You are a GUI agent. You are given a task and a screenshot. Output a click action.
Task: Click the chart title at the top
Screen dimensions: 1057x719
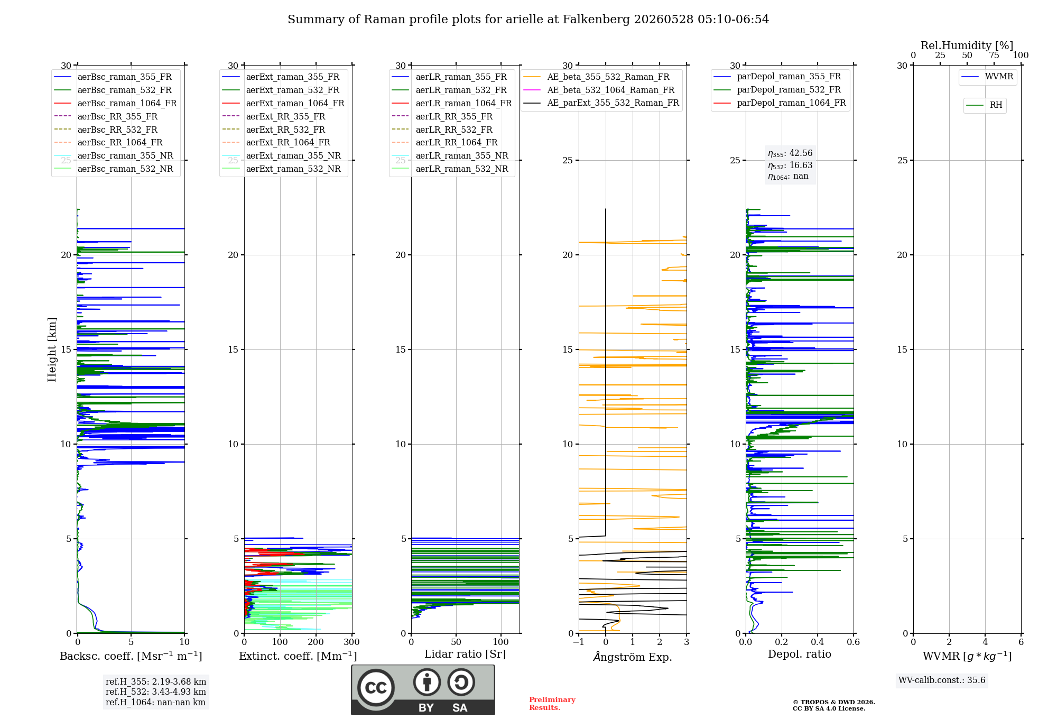pyautogui.click(x=528, y=20)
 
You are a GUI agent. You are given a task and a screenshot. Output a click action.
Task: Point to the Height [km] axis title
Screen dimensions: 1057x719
pyautogui.click(x=52, y=349)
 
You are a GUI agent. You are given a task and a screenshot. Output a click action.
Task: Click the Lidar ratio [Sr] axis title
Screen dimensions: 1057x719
pyautogui.click(x=465, y=654)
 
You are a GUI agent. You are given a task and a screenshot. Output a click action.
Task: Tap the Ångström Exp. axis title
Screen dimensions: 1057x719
pyautogui.click(x=633, y=657)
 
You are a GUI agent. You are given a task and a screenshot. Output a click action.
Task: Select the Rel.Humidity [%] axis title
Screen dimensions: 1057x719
pyautogui.click(x=967, y=45)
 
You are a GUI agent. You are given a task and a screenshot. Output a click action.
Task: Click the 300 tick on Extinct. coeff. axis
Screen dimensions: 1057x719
pyautogui.click(x=351, y=642)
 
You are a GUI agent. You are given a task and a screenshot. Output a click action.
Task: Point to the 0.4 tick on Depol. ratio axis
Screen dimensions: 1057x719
pyautogui.click(x=818, y=642)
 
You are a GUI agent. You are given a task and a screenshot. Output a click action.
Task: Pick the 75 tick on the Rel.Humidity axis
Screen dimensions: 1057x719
pyautogui.click(x=994, y=55)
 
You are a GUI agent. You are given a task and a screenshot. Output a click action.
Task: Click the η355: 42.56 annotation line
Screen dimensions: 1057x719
pyautogui.click(x=790, y=153)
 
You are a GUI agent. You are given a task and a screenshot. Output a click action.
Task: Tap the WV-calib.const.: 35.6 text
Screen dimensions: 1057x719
pyautogui.click(x=942, y=680)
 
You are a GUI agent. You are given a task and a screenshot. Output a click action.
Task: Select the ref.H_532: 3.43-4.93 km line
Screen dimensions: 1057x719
pyautogui.click(x=156, y=692)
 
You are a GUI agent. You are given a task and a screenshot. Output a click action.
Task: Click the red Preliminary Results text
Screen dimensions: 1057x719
pyautogui.click(x=552, y=704)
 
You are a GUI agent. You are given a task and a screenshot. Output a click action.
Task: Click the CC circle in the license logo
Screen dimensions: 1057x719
pyautogui.click(x=376, y=688)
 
